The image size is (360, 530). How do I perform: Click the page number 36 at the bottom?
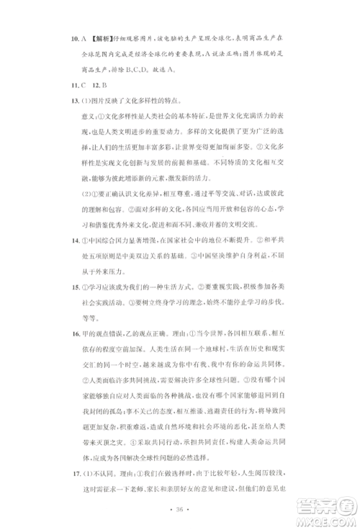click(180, 509)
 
